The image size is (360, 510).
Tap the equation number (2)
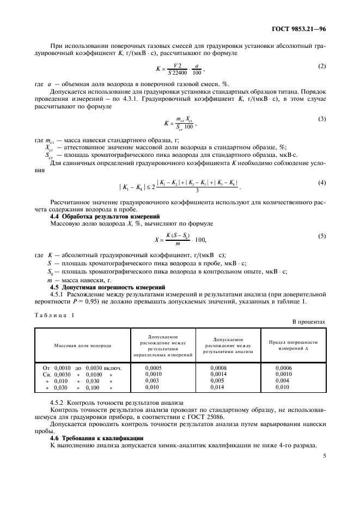(x=321, y=66)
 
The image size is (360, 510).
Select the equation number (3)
(x=321, y=118)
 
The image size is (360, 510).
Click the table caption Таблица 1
(x=54, y=315)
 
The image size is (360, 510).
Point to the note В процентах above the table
(x=309, y=322)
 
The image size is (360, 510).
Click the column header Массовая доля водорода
(x=82, y=345)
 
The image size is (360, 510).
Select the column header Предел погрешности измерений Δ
(x=293, y=345)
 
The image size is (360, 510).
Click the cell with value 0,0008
(x=218, y=368)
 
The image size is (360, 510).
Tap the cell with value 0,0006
(x=284, y=368)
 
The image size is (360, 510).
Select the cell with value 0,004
(x=282, y=381)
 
